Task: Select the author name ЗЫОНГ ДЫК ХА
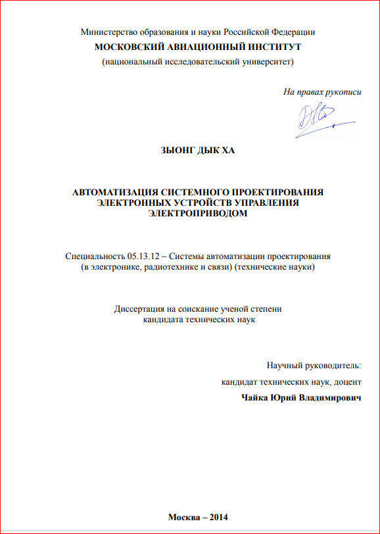197,151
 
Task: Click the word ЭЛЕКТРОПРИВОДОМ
197,213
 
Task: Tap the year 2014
215,516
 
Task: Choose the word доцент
346,381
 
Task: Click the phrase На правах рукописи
322,92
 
